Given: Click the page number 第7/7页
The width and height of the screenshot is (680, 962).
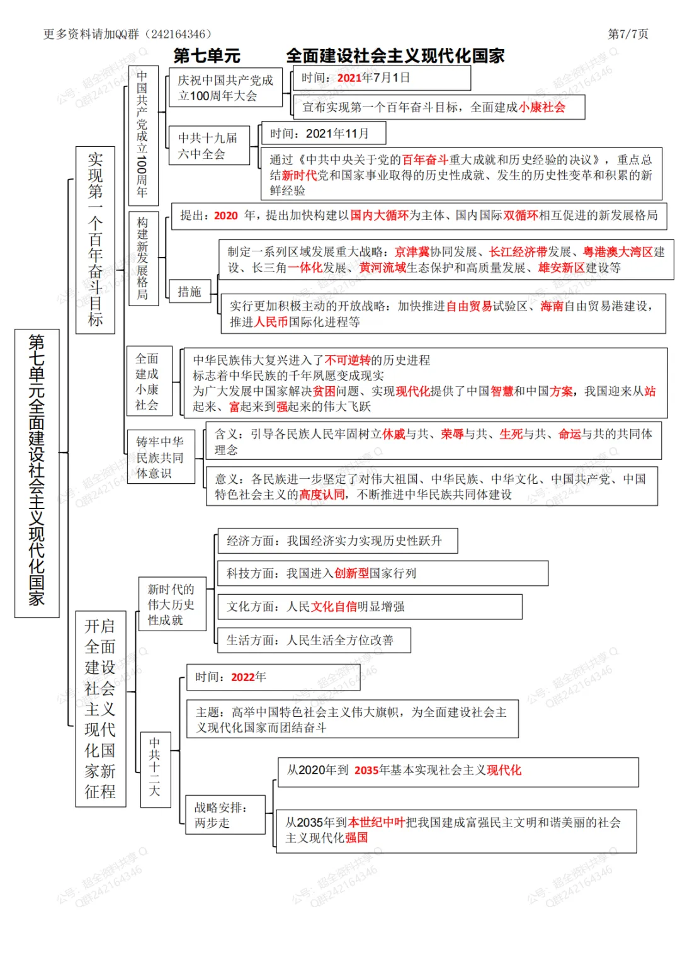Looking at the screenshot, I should click(x=628, y=34).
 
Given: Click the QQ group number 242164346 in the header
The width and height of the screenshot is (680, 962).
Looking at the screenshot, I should click(x=178, y=34).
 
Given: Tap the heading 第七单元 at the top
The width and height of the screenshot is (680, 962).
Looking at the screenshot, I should click(x=207, y=56).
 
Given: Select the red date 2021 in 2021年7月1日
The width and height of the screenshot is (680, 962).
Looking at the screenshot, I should click(x=349, y=78).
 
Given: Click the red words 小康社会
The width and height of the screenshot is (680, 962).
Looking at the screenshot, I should click(x=542, y=108).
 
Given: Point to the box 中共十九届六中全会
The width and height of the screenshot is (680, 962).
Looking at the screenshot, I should click(x=208, y=146).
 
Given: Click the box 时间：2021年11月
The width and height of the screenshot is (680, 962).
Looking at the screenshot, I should click(x=323, y=134).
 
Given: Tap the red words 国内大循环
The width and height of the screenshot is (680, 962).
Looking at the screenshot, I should click(x=380, y=215).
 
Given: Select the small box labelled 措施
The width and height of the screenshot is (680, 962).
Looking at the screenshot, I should click(x=189, y=292).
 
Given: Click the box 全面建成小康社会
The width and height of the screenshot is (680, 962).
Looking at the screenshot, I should click(x=148, y=381).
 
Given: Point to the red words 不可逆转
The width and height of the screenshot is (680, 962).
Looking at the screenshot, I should click(x=348, y=360).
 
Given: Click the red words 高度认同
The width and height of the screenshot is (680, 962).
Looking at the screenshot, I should click(x=322, y=495).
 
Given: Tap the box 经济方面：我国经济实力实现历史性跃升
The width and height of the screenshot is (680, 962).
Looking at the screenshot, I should click(x=337, y=541).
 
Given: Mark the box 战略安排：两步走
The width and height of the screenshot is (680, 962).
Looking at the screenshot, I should click(x=225, y=815).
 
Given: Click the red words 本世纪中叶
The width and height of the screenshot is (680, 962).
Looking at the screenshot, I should click(x=376, y=823).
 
